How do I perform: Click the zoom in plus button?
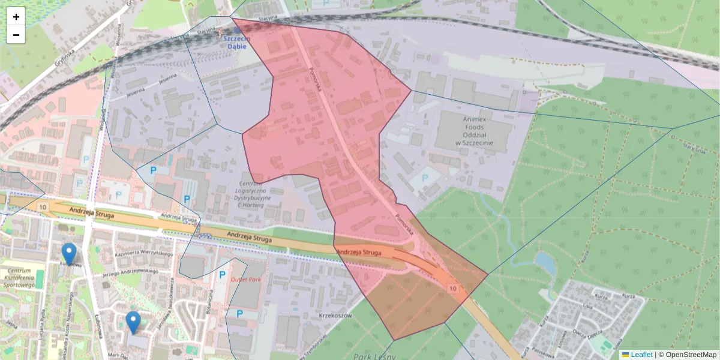[16, 17]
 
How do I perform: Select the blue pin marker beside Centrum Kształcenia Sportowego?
[70, 254]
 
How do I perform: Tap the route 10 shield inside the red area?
[452, 289]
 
